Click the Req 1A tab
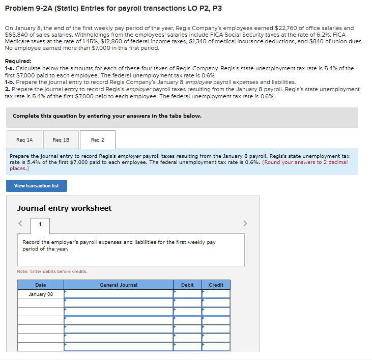tap(24, 140)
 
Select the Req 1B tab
tap(61, 140)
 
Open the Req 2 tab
tap(97, 140)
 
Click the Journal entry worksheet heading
tap(64, 208)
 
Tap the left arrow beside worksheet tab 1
tap(20, 223)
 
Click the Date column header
tap(41, 285)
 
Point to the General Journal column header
tap(118, 285)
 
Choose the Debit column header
tap(187, 285)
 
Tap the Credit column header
tap(216, 285)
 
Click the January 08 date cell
tap(41, 294)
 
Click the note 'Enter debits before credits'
tap(52, 271)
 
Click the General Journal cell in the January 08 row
tap(118, 294)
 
